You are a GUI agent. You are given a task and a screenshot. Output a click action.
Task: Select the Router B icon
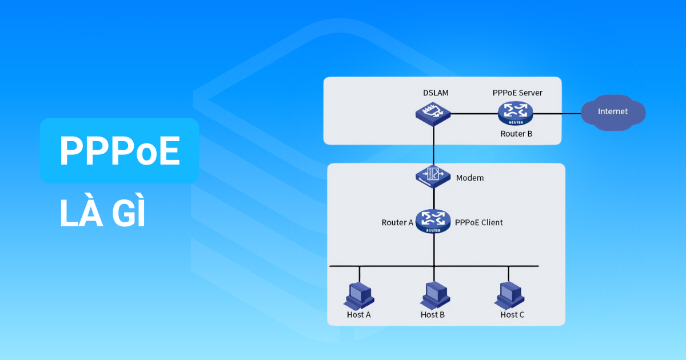coord(514,113)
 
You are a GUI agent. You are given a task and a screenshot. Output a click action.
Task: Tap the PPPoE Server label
coord(517,93)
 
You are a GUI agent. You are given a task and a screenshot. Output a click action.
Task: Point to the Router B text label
coord(516,134)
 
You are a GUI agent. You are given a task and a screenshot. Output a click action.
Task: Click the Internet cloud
coord(613,112)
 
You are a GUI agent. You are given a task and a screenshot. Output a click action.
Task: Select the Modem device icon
coord(433,177)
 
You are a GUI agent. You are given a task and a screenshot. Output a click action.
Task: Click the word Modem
coord(470,178)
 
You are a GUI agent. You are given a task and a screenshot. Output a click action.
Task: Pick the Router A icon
coord(433,221)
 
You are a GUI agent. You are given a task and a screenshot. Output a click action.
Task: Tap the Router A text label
coord(397,222)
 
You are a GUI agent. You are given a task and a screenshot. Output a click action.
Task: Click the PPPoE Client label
coord(478,222)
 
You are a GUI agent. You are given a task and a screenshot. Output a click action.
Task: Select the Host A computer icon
coord(359,295)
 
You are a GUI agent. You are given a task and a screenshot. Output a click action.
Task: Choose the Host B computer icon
coord(433,295)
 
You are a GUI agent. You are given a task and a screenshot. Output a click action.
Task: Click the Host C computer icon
coord(508,295)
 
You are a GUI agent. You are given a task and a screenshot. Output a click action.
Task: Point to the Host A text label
coord(359,315)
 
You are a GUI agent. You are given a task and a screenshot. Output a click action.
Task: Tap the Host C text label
coord(512,315)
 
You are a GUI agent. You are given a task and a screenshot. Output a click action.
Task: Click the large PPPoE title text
coord(119,151)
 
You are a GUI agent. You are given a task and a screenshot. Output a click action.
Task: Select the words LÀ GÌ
coord(103,214)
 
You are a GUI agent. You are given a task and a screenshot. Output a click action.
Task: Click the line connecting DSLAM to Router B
coord(473,113)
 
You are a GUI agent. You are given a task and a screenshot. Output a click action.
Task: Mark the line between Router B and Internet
coord(557,113)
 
